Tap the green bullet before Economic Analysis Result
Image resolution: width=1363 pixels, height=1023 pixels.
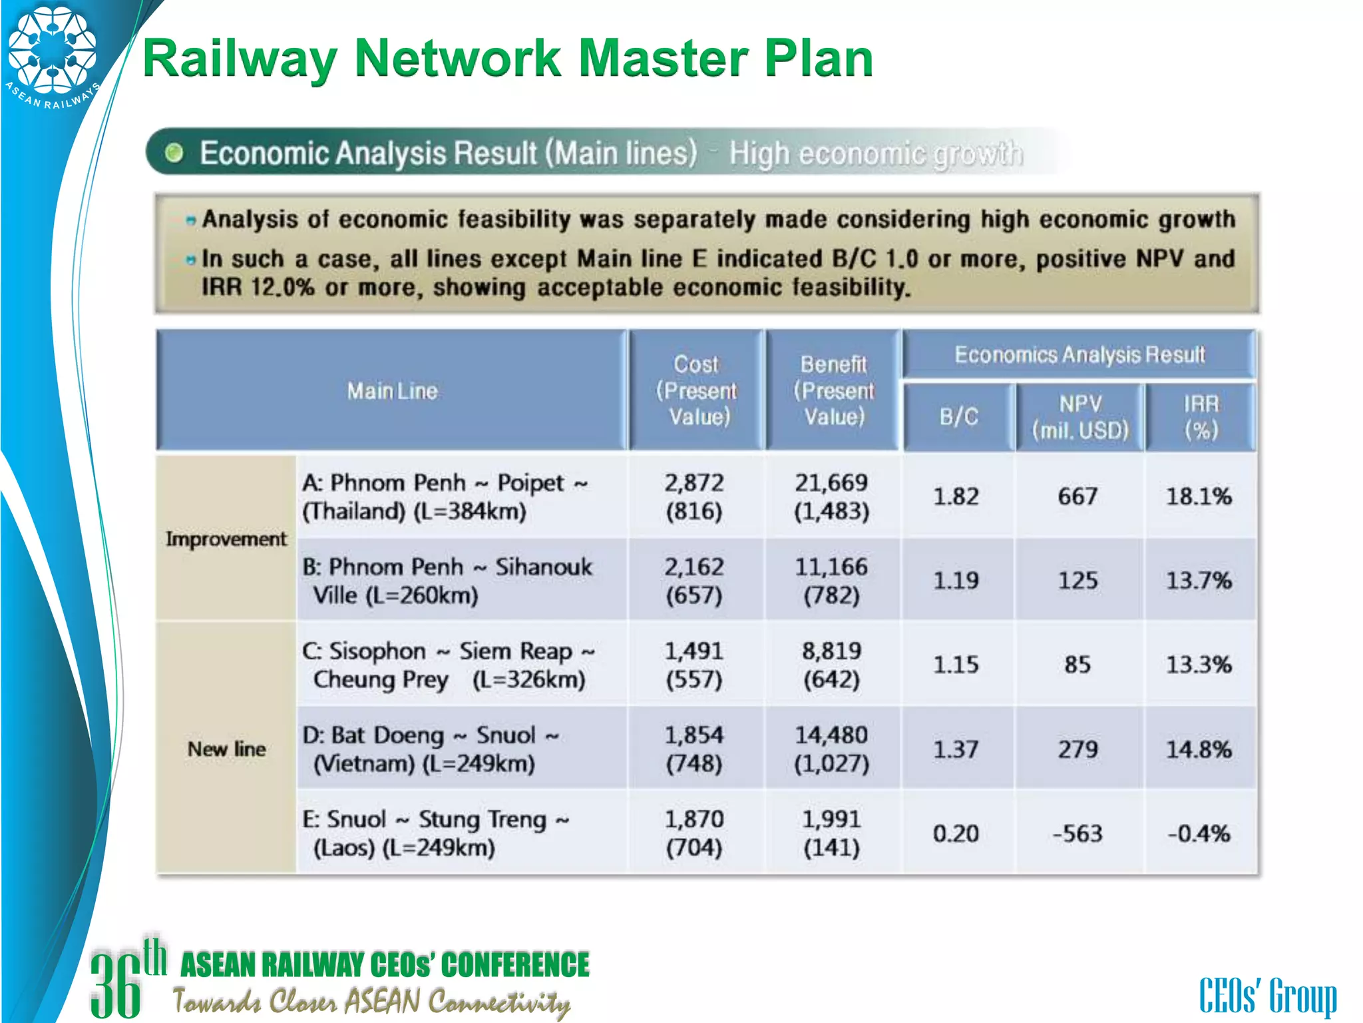point(174,153)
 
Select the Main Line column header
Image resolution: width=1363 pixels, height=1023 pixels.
point(392,391)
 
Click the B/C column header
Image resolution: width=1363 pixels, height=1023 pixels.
point(958,417)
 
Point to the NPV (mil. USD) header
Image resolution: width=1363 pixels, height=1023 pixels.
point(1080,417)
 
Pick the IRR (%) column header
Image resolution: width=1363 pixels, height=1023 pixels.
point(1201,417)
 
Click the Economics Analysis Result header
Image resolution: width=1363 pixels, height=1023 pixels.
point(1079,355)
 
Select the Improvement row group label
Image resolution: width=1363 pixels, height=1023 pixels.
point(226,538)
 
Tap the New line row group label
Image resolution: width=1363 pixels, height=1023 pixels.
point(226,749)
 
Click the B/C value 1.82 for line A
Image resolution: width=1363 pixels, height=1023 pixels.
point(956,496)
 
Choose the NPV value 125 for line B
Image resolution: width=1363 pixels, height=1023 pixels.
point(1077,580)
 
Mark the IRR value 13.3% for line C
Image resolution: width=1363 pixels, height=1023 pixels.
point(1199,664)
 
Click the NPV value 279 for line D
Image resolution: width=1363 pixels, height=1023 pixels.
point(1077,749)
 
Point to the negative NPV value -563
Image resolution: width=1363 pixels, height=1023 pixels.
point(1077,833)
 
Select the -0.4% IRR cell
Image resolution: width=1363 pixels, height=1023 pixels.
point(1199,833)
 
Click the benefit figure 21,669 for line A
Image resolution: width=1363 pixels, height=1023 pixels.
point(831,483)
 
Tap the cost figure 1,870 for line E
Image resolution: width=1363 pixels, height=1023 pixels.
point(694,819)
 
